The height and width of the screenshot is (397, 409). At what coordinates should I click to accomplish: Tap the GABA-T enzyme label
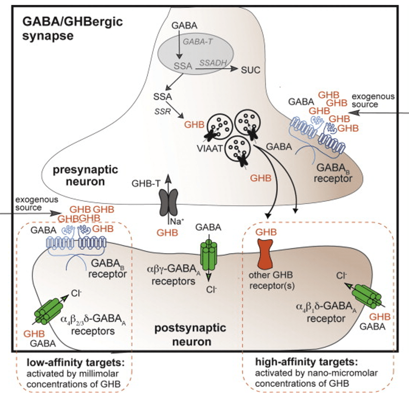pyautogui.click(x=196, y=42)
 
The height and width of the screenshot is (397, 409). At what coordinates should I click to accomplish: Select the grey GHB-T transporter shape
pyautogui.click(x=168, y=202)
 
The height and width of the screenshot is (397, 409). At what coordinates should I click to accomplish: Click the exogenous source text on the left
pyautogui.click(x=36, y=204)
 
